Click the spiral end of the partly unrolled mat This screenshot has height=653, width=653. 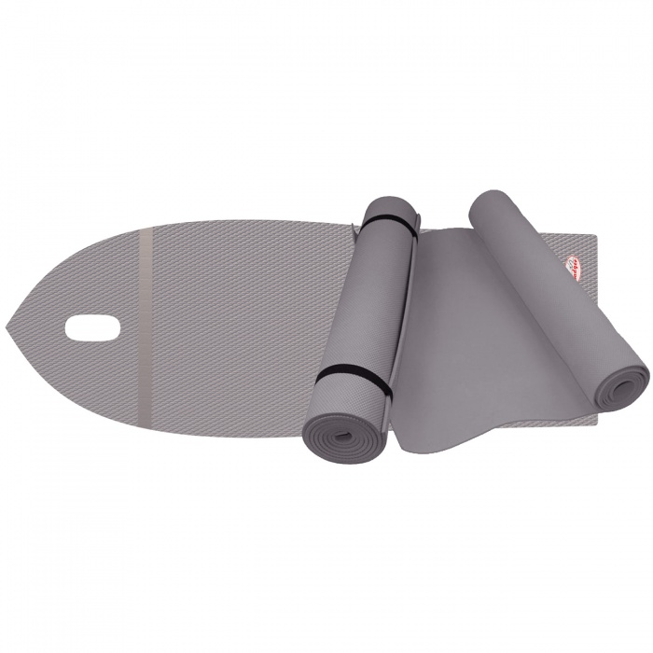(624, 383)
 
